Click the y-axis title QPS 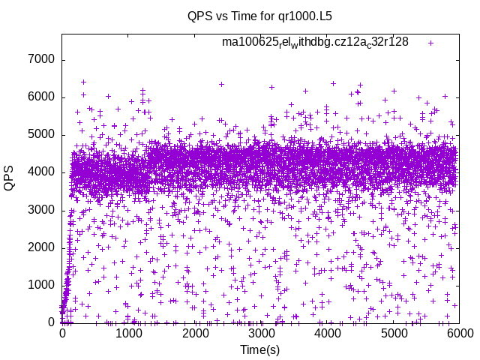pos(10,178)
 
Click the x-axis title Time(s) pos(260,349)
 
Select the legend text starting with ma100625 pos(315,42)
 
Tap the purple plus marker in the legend pos(430,43)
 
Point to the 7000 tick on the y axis pos(42,60)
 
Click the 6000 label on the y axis pos(42,97)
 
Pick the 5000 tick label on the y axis pos(42,135)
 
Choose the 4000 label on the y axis pos(42,172)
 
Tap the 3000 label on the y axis pos(42,210)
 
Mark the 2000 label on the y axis pos(42,247)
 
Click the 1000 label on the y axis pos(42,285)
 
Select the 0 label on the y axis pos(51,322)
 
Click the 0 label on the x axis pos(62,334)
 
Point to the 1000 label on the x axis pos(128,334)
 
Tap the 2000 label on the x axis pos(194,334)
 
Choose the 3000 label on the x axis pos(261,334)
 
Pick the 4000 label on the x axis pos(327,334)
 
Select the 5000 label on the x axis pos(393,334)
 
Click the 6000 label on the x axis pos(459,334)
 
